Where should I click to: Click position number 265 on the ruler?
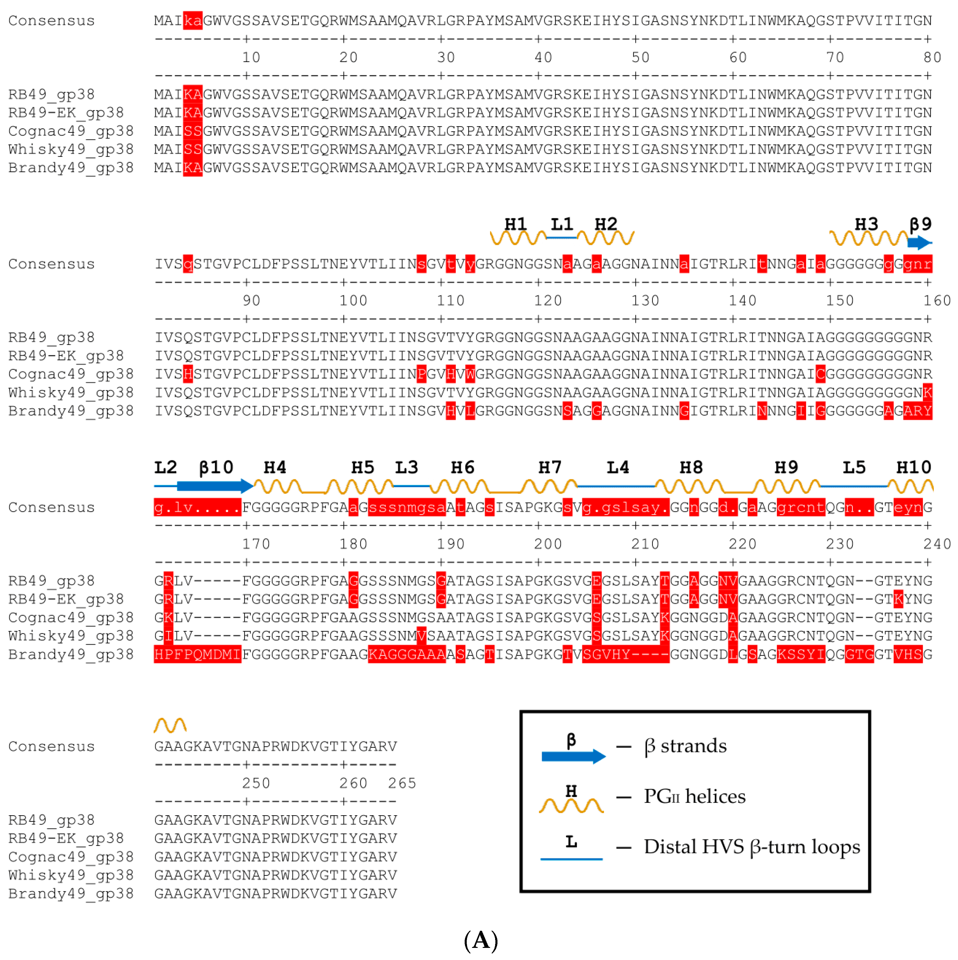point(401,783)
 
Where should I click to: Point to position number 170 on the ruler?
point(256,544)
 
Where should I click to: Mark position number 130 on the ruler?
point(645,300)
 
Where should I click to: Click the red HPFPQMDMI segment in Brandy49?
point(197,654)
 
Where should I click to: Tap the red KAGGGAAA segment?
point(406,654)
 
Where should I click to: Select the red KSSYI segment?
point(801,654)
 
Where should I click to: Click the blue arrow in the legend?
point(573,756)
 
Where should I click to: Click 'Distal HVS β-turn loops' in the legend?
point(751,847)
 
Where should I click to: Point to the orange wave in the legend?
point(571,805)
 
